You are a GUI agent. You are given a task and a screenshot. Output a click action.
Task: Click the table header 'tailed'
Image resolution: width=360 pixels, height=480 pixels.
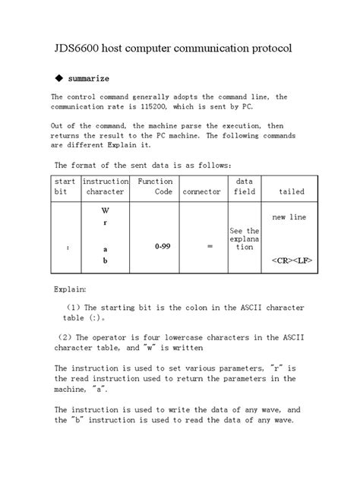click(292, 192)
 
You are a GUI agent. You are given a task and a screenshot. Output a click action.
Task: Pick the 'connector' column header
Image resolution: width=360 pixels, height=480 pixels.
click(201, 192)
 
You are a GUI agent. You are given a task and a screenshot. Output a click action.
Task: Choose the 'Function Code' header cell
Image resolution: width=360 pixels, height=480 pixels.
click(155, 187)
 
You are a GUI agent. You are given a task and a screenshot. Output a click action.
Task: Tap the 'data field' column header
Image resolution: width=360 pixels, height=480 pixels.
click(244, 187)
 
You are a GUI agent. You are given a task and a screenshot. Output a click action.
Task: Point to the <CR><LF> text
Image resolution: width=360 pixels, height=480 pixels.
click(292, 259)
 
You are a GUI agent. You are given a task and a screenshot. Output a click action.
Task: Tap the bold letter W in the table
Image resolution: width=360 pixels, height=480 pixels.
click(105, 209)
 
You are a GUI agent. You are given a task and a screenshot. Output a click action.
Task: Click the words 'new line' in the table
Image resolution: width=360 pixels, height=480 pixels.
click(289, 217)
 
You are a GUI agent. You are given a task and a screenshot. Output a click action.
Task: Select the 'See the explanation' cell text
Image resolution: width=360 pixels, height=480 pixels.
click(244, 239)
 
